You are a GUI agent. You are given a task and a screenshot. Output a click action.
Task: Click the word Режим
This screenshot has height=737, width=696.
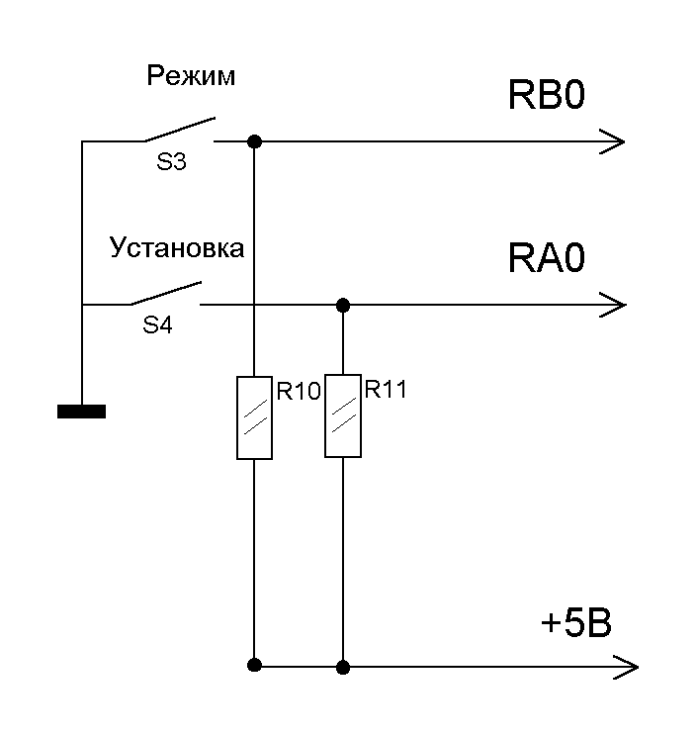click(191, 76)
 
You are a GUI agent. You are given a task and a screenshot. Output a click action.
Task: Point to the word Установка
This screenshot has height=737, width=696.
click(177, 247)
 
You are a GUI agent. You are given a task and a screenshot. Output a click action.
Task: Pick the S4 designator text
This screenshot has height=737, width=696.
click(158, 324)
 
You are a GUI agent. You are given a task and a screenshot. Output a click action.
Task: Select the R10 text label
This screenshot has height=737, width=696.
click(298, 392)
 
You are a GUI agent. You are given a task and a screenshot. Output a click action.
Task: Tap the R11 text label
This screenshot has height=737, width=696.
click(386, 390)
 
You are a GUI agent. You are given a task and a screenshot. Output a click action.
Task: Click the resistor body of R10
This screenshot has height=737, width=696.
click(254, 417)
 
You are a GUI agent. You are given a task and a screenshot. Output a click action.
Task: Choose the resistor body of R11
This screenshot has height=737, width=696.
click(342, 415)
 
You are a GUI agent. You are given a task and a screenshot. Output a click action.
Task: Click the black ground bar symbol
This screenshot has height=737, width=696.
click(81, 412)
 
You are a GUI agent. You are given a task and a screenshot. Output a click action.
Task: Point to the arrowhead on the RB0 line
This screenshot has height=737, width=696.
click(614, 141)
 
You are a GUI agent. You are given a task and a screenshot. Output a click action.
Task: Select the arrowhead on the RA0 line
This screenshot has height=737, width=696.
click(614, 304)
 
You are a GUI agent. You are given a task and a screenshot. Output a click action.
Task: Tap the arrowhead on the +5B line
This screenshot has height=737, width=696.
click(626, 667)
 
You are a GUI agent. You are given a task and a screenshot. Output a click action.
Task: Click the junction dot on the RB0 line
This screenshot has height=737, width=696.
click(254, 141)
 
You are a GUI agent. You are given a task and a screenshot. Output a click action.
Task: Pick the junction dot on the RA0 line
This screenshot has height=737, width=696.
click(342, 304)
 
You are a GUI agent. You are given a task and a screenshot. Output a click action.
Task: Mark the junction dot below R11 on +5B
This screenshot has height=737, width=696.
click(342, 667)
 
